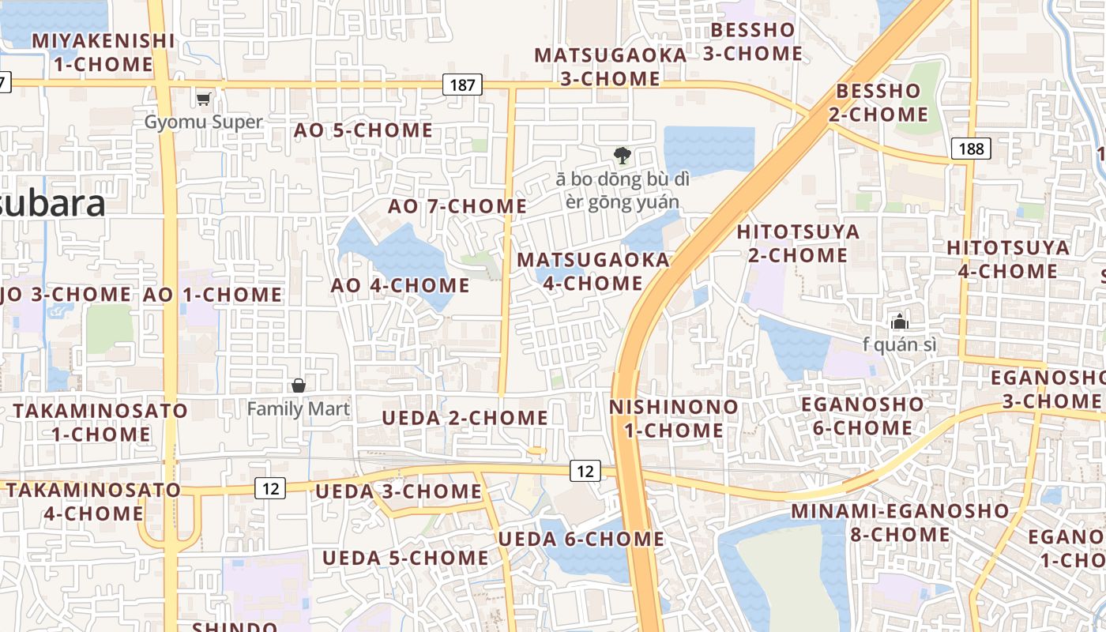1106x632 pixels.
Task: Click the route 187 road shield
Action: [462, 85]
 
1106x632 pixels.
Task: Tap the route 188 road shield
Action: [971, 149]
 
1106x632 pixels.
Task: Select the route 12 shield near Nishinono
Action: [585, 471]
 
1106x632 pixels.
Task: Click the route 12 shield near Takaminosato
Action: [270, 488]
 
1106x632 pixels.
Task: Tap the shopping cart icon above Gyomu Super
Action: [204, 99]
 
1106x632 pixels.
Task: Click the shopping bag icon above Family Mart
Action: [299, 386]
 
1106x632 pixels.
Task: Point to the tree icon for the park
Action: [623, 155]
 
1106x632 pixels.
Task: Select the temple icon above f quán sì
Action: [899, 322]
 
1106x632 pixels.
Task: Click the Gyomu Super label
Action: [203, 122]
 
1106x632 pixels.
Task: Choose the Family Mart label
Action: [298, 408]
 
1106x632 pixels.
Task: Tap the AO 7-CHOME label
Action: [457, 206]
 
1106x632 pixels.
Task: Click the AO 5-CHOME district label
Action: [363, 130]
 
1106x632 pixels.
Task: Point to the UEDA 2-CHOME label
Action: [465, 418]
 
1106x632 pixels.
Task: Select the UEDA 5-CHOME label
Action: [405, 558]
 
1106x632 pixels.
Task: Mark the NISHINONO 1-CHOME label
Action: [674, 419]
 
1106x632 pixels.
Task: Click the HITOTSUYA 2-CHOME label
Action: [798, 243]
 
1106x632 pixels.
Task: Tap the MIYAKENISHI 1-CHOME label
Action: [103, 52]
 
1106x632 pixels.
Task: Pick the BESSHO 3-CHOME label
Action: [753, 42]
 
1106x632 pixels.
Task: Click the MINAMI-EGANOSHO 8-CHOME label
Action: [900, 522]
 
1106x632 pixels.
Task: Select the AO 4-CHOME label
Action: [400, 285]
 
